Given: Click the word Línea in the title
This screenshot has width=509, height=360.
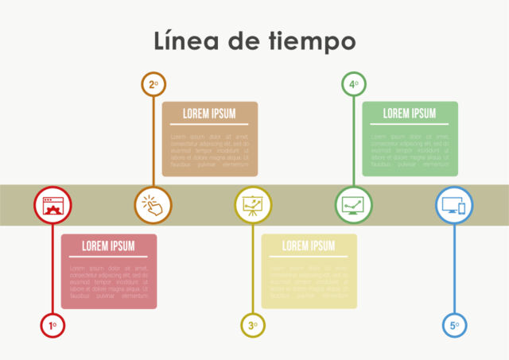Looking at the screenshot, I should [x=185, y=40].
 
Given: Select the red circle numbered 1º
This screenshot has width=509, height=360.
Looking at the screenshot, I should [x=52, y=324].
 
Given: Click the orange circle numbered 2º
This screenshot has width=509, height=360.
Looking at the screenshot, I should [x=153, y=83].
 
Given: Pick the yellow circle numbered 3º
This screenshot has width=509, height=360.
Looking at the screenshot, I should [x=253, y=324].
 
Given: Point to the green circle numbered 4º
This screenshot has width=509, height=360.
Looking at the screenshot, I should [x=353, y=83].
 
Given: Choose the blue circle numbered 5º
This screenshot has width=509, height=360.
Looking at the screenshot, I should [x=454, y=324].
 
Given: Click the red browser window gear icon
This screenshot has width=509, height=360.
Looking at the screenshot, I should [x=52, y=205].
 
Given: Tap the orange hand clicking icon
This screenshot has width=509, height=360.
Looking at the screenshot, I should [x=153, y=205].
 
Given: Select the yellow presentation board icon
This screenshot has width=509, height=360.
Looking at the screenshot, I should [x=253, y=205].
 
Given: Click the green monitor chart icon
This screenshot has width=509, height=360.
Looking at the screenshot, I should [x=353, y=205].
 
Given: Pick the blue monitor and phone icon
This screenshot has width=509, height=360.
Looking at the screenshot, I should [x=454, y=205].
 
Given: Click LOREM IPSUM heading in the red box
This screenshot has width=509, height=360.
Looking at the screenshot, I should [x=109, y=246].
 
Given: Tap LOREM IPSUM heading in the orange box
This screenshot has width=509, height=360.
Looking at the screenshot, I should [x=209, y=114].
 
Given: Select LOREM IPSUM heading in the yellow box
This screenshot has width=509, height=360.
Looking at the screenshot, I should [x=309, y=246].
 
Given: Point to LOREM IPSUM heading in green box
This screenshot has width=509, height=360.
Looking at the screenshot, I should [x=410, y=114].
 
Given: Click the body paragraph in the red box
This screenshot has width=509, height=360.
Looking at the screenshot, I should [x=109, y=282].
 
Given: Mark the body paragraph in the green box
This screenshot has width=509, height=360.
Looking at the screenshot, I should [x=410, y=149].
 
